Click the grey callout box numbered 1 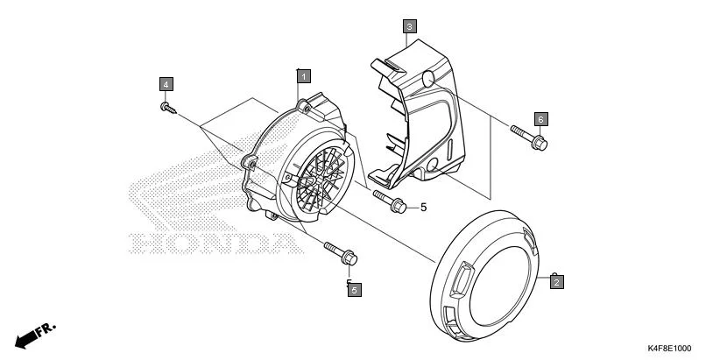click(x=301, y=76)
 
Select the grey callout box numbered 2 click(x=556, y=281)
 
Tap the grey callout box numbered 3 click(x=409, y=26)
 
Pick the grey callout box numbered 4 click(x=166, y=84)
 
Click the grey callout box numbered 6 click(x=540, y=118)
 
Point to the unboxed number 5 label click(x=422, y=208)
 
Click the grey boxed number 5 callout click(x=354, y=288)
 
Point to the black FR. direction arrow click(x=34, y=335)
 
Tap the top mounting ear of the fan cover click(x=305, y=108)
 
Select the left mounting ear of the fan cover click(x=250, y=163)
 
